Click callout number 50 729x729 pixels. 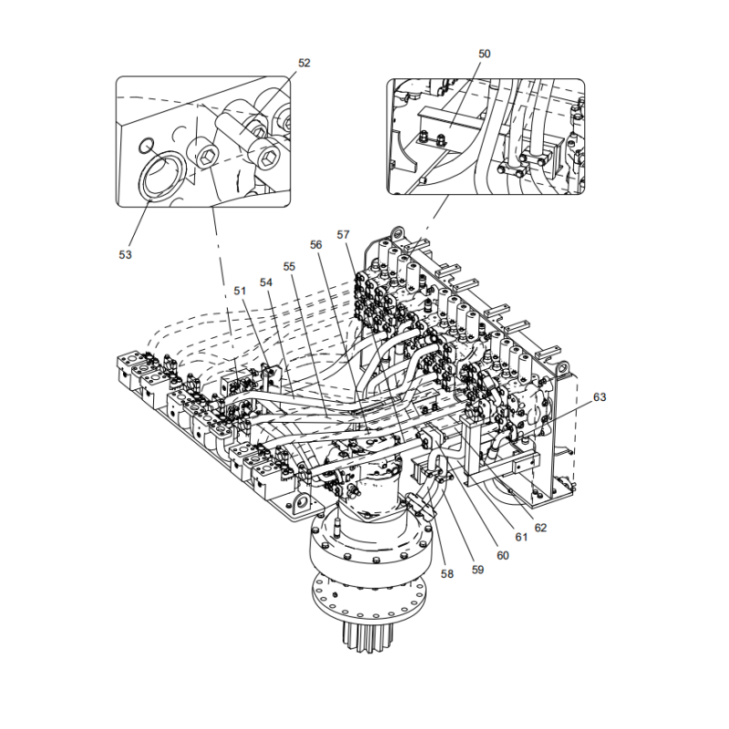click(x=484, y=54)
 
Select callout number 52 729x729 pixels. click(x=304, y=63)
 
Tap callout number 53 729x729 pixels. click(x=125, y=254)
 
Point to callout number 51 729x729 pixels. click(x=240, y=291)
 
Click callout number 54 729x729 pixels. click(x=267, y=282)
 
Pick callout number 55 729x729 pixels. click(x=290, y=267)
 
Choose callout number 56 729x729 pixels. click(x=316, y=244)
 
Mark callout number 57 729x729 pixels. click(x=344, y=234)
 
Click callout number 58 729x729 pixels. click(x=447, y=574)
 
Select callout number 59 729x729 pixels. click(x=477, y=570)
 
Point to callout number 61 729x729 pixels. click(x=521, y=538)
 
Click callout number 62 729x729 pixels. click(x=540, y=527)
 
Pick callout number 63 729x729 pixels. click(x=599, y=397)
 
